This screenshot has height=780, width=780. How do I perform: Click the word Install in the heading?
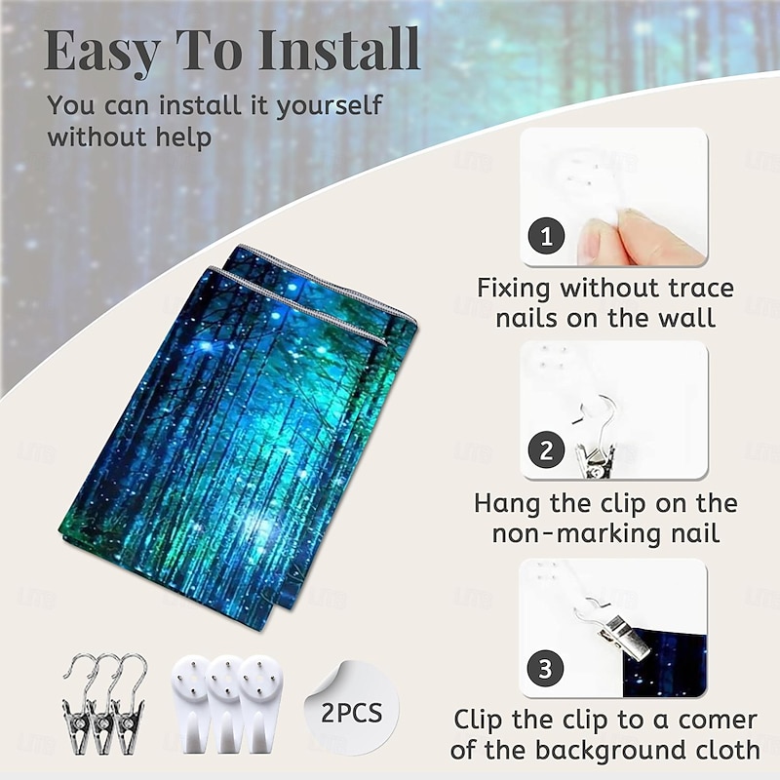pos(339,50)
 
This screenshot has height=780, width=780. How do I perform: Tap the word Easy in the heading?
pos(102,53)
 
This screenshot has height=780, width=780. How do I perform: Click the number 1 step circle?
pos(547,236)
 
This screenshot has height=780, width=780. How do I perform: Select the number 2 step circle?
pos(546,449)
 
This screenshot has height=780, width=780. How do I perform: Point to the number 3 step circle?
pos(545,668)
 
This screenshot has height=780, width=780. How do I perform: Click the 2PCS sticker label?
pos(352,713)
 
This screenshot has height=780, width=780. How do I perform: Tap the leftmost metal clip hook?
pos(76,704)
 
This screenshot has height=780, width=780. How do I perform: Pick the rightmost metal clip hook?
pos(129,704)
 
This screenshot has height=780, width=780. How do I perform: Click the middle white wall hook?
pos(225,704)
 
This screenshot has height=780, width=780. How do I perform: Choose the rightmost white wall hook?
pos(259,704)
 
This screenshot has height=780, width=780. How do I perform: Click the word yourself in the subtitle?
pos(329,106)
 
